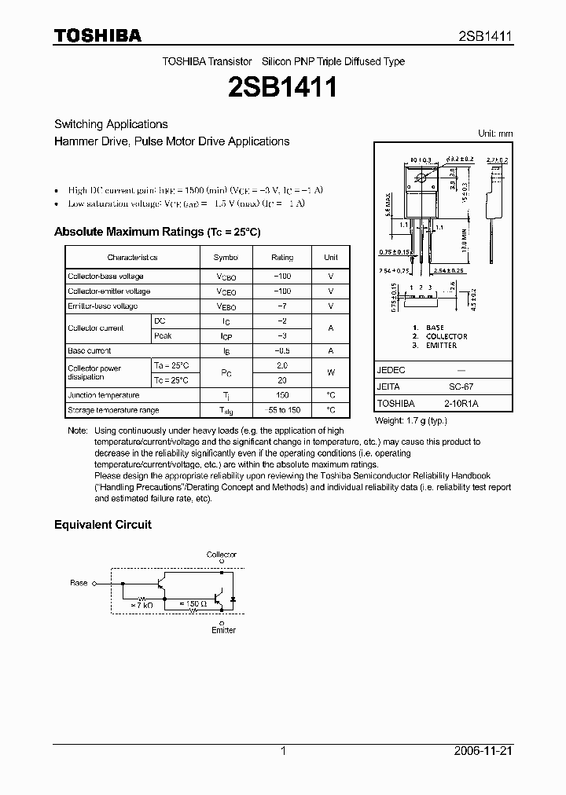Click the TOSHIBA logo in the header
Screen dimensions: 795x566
pyautogui.click(x=97, y=36)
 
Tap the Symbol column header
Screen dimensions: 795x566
pyautogui.click(x=226, y=258)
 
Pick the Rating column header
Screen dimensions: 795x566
pyautogui.click(x=282, y=258)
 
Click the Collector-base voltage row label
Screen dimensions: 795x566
pyautogui.click(x=105, y=277)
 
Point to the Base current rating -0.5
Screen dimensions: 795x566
pyautogui.click(x=282, y=351)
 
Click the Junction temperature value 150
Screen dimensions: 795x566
pyautogui.click(x=282, y=395)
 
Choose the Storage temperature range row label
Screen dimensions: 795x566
pyautogui.click(x=113, y=410)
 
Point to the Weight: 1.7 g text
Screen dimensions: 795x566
pyautogui.click(x=412, y=421)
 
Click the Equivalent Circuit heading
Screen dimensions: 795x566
pyautogui.click(x=102, y=525)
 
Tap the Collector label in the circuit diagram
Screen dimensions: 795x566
pyautogui.click(x=222, y=555)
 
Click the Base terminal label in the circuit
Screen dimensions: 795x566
pyautogui.click(x=79, y=583)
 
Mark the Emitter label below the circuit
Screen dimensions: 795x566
pyautogui.click(x=223, y=630)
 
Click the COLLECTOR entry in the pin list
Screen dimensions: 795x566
pyautogui.click(x=446, y=336)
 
